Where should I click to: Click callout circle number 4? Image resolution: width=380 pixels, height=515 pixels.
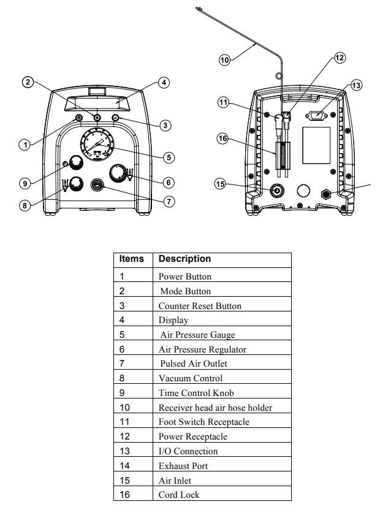[x=164, y=83]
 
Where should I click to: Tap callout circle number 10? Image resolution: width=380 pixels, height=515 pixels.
[x=224, y=59]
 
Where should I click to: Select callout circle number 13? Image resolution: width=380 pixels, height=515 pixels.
[x=356, y=85]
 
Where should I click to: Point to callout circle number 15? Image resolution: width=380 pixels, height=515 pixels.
[x=221, y=183]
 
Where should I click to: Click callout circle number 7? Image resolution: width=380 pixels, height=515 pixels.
[x=169, y=201]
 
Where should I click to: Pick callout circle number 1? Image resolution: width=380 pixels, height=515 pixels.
[x=24, y=145]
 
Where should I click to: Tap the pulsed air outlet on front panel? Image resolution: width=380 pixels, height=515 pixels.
[x=97, y=184]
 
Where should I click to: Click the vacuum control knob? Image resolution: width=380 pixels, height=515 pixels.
[x=77, y=183]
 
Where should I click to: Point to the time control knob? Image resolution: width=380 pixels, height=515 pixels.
[x=77, y=162]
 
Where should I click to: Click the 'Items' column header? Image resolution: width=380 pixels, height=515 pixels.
[x=132, y=259]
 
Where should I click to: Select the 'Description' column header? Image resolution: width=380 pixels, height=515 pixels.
[x=184, y=259]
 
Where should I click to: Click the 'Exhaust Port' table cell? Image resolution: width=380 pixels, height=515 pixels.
[x=183, y=466]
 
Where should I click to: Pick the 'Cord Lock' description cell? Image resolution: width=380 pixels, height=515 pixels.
[x=179, y=495]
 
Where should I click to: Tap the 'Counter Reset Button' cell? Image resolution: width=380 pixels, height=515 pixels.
[x=200, y=306]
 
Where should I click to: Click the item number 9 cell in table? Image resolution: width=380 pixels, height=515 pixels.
[x=122, y=393]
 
